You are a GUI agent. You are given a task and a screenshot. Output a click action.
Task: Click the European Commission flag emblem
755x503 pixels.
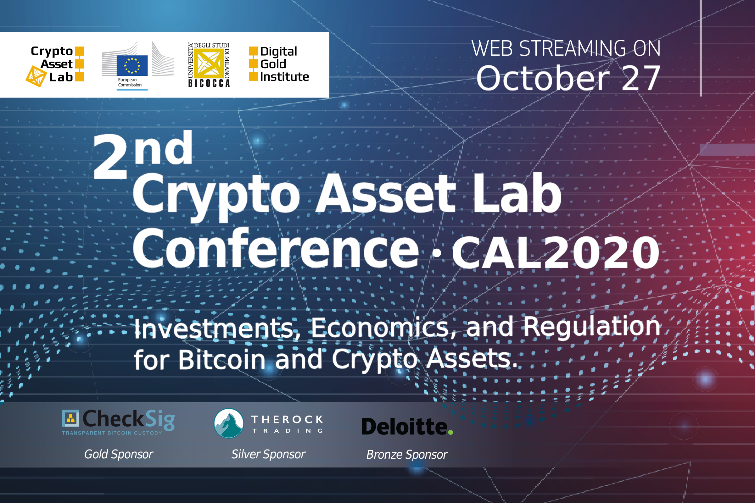[132, 65]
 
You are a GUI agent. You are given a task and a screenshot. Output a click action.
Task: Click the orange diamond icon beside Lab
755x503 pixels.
[36, 76]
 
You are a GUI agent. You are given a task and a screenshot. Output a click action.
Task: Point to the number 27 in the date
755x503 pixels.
[641, 78]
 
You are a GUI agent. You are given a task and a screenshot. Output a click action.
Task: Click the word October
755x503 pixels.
[543, 78]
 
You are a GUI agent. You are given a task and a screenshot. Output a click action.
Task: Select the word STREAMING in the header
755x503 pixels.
[573, 48]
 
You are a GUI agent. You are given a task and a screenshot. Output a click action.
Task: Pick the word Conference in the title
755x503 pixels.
[276, 248]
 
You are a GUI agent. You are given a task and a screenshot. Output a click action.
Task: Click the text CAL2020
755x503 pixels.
[556, 252]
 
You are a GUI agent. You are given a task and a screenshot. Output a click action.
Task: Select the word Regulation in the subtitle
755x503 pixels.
[592, 327]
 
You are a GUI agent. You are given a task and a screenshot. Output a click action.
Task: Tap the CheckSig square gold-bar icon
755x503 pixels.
[70, 418]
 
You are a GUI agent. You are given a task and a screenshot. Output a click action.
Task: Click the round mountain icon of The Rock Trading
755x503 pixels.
[229, 423]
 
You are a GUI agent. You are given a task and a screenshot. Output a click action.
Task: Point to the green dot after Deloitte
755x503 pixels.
[450, 433]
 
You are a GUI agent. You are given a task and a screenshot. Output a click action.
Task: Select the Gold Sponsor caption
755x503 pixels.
[119, 455]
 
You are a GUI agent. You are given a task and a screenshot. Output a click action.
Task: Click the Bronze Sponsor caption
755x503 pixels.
[407, 455]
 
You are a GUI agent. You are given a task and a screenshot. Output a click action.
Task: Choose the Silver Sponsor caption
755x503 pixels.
[268, 455]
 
